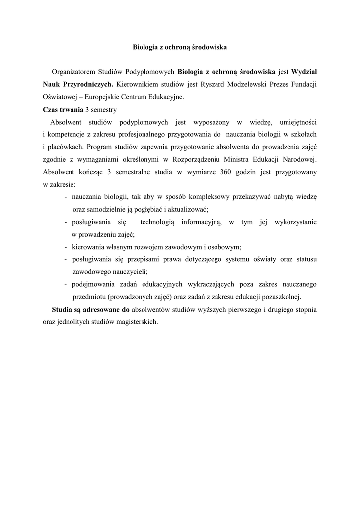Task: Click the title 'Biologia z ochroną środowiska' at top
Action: [180, 48]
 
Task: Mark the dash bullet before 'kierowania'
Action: [66, 247]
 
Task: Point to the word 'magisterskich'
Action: [135, 321]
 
